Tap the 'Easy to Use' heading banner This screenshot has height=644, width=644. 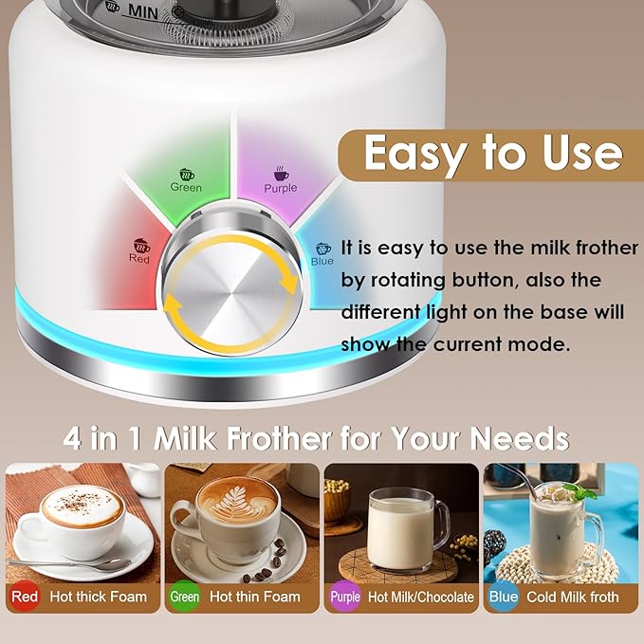pyautogui.click(x=492, y=153)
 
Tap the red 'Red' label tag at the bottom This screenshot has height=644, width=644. pyautogui.click(x=25, y=597)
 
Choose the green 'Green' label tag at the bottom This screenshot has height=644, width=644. pyautogui.click(x=184, y=597)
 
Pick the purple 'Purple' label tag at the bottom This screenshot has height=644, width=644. pyautogui.click(x=345, y=597)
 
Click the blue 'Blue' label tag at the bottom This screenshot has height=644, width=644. pyautogui.click(x=504, y=597)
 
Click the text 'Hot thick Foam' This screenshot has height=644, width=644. pyautogui.click(x=100, y=597)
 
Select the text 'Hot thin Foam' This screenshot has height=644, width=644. pyautogui.click(x=254, y=597)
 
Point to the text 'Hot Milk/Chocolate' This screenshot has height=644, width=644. pyautogui.click(x=420, y=597)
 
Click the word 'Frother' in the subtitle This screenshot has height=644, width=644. pyautogui.click(x=282, y=438)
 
